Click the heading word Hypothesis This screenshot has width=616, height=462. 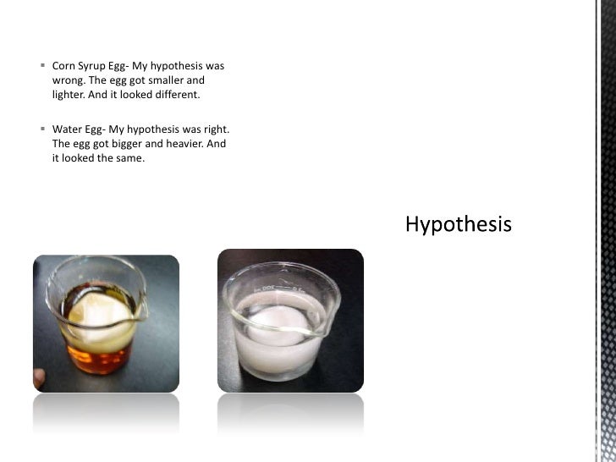tap(459, 224)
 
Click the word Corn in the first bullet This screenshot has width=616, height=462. tap(64, 65)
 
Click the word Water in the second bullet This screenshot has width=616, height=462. tap(67, 129)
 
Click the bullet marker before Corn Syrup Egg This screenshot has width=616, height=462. tap(43, 65)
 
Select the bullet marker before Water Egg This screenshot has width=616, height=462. tap(43, 129)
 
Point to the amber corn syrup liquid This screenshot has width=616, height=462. tap(93, 364)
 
